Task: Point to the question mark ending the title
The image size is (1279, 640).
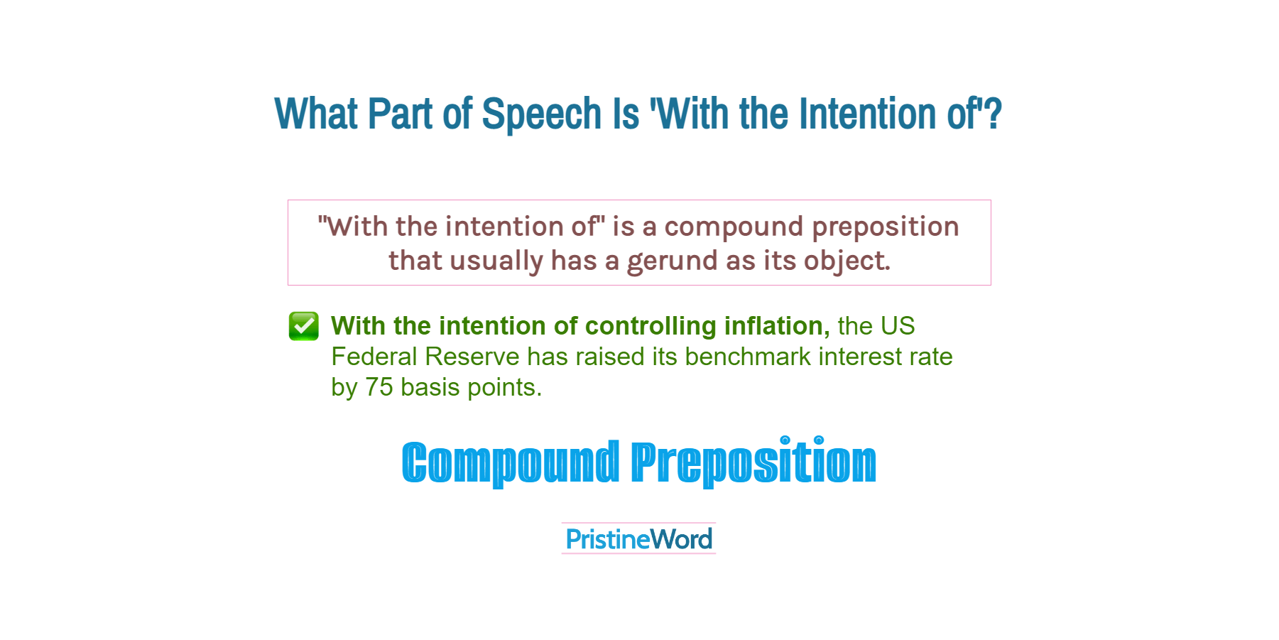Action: coord(993,114)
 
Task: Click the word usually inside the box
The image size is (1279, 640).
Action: coord(496,261)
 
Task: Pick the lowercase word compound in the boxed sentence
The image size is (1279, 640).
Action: coord(734,227)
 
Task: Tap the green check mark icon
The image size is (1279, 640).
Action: coord(304,326)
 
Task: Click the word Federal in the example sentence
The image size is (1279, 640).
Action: coord(374,357)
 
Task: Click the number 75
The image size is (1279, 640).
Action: coord(379,387)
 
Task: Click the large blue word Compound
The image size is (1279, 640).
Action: coord(511,462)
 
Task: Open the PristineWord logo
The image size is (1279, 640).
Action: coord(638,539)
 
